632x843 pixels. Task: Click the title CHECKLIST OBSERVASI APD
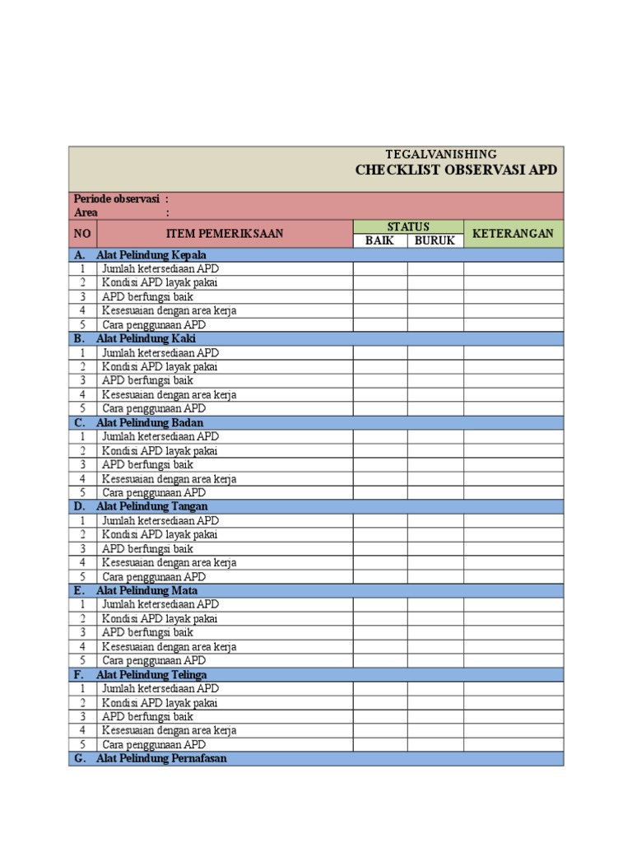456,170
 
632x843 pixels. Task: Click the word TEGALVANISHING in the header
441,154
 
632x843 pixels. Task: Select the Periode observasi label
115,199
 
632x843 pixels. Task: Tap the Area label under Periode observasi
86,212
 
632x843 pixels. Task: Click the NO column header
82,234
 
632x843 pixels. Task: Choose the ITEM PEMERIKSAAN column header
225,234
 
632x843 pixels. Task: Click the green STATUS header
408,226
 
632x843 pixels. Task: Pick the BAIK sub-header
379,240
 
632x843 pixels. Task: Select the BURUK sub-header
434,240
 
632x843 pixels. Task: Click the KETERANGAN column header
513,234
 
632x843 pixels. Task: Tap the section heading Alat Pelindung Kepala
151,254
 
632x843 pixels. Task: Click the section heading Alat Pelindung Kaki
146,338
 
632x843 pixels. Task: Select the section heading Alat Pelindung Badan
150,422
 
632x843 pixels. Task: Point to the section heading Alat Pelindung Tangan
151,506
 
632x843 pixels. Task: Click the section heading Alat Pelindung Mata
146,590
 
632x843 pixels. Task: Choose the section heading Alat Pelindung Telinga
151,674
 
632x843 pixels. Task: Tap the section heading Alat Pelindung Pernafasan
161,758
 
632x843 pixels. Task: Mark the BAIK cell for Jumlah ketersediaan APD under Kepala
379,268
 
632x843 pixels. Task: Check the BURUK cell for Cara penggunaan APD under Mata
434,660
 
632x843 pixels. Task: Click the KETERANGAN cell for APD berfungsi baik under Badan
513,464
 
